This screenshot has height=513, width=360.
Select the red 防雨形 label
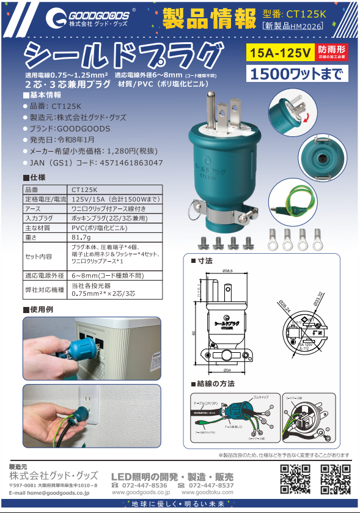(x=332, y=50)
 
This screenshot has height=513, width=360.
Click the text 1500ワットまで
(x=298, y=74)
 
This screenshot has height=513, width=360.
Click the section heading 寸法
(x=205, y=261)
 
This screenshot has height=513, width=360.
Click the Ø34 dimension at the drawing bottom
(x=226, y=371)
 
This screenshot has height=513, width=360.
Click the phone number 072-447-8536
(x=142, y=485)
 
